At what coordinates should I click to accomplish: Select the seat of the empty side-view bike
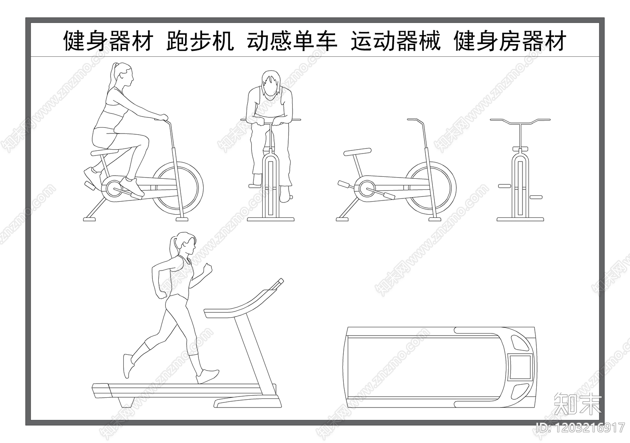click(x=357, y=152)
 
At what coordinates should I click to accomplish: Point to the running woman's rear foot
click(x=128, y=366)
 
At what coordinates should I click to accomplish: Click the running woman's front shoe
click(x=208, y=376)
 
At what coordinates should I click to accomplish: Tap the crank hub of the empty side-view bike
click(x=367, y=189)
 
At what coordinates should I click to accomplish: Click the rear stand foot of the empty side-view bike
click(x=343, y=219)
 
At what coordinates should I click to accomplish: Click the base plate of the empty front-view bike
click(x=520, y=219)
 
